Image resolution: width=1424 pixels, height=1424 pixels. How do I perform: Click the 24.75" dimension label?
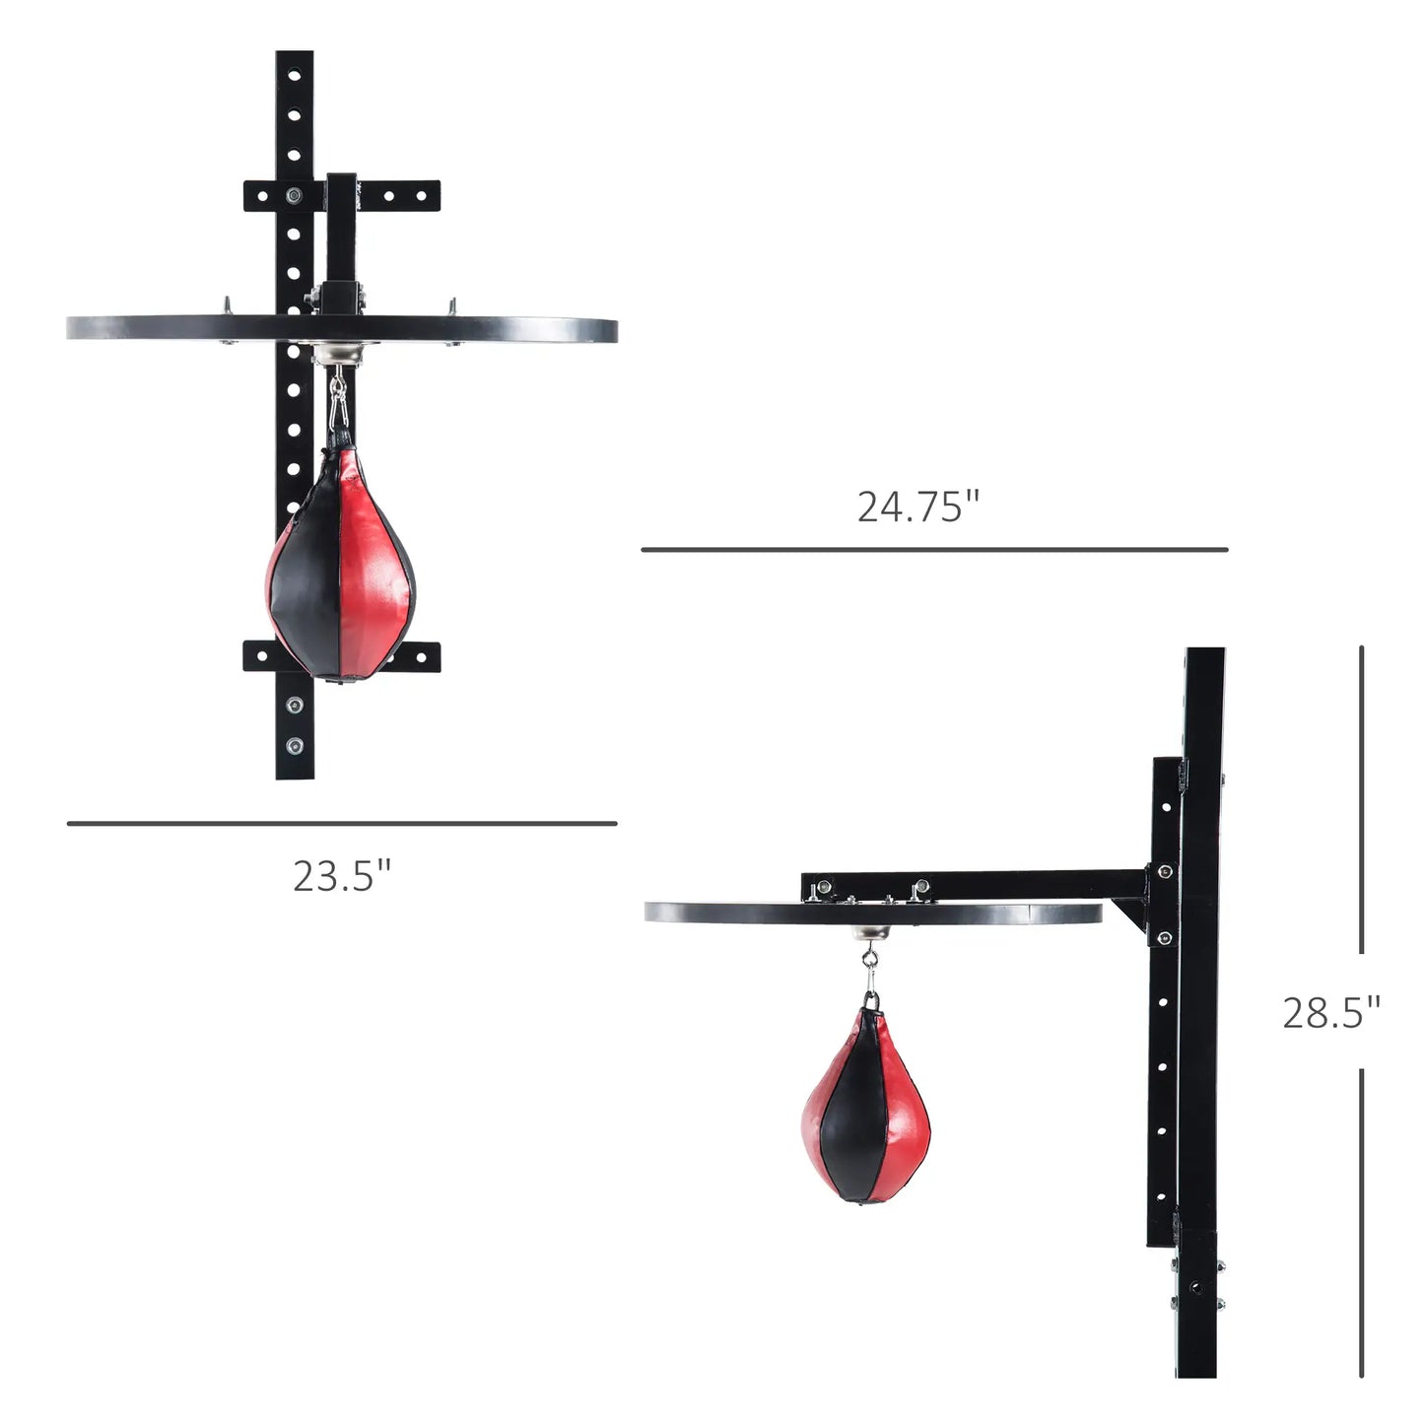pos(917,507)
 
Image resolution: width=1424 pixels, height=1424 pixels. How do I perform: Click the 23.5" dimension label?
pos(342,876)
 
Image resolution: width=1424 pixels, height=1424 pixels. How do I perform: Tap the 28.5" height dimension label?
pos(1330,1012)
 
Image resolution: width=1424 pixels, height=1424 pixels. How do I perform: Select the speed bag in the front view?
pos(340,572)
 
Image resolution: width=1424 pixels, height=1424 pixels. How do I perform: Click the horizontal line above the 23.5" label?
pos(342,823)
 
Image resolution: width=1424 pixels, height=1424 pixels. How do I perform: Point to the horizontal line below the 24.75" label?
pos(934,549)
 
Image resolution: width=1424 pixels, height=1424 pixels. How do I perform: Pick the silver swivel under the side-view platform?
pos(869,932)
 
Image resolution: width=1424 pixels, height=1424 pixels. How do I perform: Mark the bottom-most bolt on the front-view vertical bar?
pos(294,745)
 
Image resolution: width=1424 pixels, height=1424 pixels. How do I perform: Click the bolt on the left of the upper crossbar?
pos(293,195)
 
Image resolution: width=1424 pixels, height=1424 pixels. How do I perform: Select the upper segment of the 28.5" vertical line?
pos(1361,798)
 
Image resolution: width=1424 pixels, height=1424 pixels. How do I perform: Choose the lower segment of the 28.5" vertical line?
pos(1361,1222)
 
